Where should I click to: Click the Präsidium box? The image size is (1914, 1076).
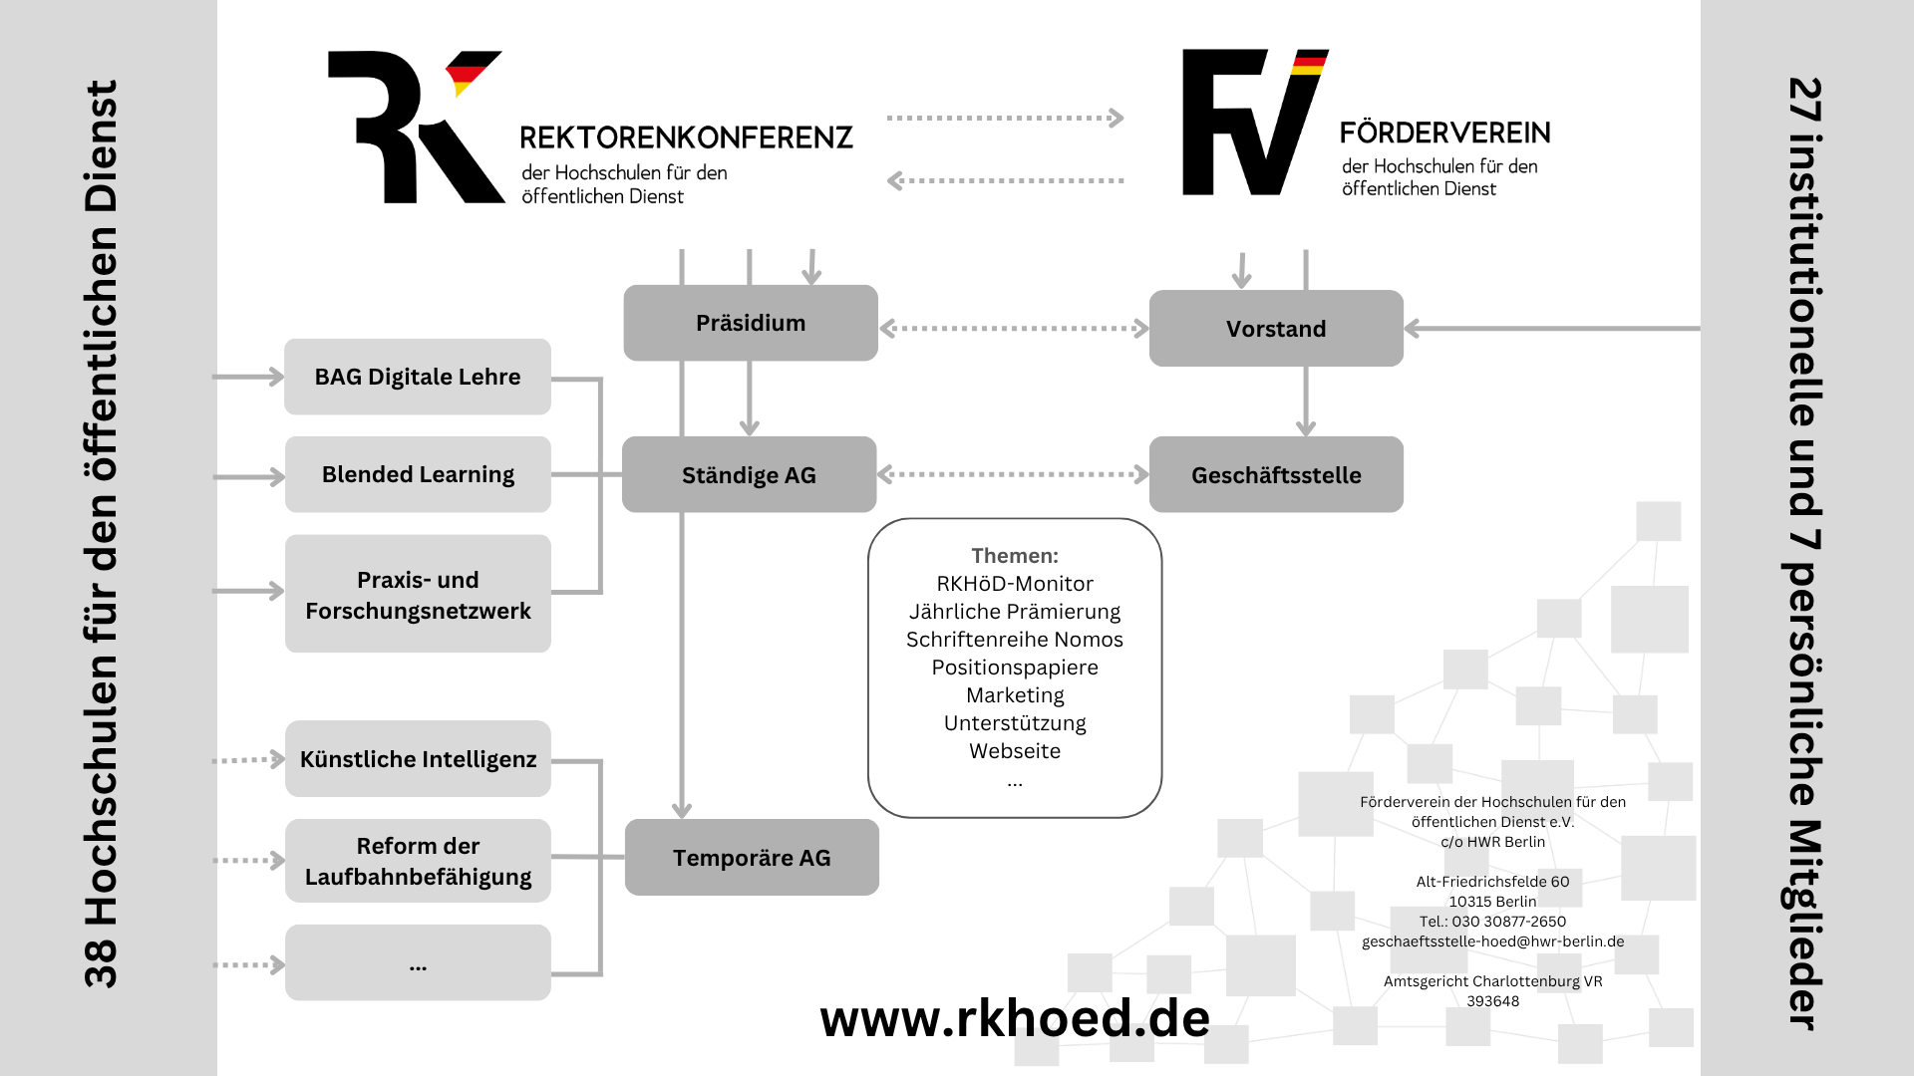(751, 323)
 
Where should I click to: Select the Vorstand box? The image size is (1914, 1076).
(1276, 329)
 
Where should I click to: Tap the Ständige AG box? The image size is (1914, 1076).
(750, 474)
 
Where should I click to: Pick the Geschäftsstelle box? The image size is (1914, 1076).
(1276, 474)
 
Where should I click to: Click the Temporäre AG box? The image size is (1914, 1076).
(752, 857)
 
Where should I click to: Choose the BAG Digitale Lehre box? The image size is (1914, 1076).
(418, 377)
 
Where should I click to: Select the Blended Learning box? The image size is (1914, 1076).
(418, 474)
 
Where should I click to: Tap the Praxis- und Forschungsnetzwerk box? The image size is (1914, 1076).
(418, 594)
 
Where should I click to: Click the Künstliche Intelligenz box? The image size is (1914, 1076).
(418, 759)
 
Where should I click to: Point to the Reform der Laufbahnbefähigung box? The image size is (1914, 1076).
(418, 861)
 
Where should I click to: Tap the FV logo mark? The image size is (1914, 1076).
(1255, 122)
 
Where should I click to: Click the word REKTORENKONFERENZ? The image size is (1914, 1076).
(687, 137)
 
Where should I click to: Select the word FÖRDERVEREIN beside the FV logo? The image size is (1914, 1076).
(1445, 132)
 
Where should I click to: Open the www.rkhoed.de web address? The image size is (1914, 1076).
(1015, 1018)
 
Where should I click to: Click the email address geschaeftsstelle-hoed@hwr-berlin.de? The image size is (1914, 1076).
(1493, 941)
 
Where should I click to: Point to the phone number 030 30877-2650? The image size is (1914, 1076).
(1508, 922)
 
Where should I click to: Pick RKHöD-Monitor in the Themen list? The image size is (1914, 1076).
(1015, 584)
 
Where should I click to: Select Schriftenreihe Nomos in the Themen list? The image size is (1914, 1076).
(1015, 640)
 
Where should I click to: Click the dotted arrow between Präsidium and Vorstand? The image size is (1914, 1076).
(1014, 328)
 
